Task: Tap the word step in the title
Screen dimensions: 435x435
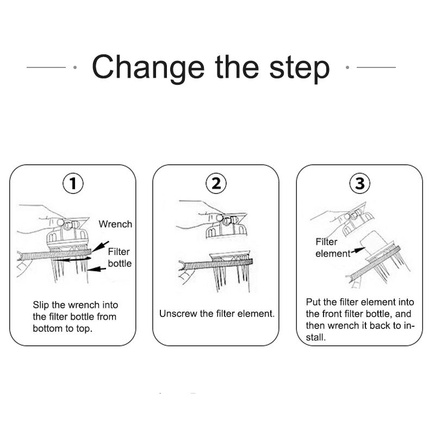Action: click(300, 69)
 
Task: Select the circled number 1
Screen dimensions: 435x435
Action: click(73, 183)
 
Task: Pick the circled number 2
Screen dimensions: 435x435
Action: click(216, 183)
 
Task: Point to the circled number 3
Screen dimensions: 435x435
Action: click(359, 183)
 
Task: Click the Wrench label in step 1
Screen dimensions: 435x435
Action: click(115, 224)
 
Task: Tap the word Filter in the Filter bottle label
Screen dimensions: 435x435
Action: click(119, 252)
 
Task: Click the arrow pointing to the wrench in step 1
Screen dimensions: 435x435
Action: click(100, 246)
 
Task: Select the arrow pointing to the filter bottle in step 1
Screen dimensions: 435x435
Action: click(97, 269)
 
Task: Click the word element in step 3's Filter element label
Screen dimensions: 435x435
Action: click(333, 253)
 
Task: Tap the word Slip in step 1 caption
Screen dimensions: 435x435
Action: click(41, 305)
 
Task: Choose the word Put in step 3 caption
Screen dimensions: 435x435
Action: click(314, 302)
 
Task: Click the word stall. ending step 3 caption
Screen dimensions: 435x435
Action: click(316, 337)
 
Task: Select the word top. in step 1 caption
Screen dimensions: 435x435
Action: click(84, 329)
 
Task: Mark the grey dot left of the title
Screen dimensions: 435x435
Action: click(75, 67)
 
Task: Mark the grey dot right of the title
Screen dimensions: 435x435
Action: click(347, 67)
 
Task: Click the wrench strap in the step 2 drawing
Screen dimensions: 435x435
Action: click(216, 264)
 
